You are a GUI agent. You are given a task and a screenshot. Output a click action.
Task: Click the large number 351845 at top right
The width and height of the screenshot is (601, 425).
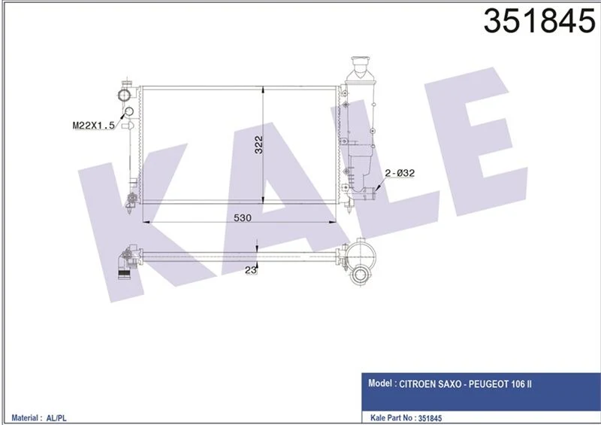(x=539, y=21)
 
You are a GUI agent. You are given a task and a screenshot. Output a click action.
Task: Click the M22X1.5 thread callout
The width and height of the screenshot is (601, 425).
(x=93, y=125)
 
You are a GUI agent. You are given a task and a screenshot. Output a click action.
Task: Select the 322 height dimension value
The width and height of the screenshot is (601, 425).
(x=258, y=144)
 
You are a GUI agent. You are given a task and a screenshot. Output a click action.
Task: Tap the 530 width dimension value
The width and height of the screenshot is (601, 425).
(x=243, y=217)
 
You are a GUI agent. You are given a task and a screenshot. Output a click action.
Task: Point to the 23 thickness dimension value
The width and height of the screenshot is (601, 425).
(x=251, y=270)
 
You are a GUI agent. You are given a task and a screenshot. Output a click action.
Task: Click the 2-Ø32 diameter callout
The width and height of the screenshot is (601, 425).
(x=400, y=173)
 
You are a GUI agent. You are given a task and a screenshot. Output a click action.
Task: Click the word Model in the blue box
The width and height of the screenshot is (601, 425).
(x=380, y=383)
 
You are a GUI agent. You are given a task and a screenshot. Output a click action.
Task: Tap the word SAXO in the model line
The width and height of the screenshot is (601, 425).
(x=452, y=384)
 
